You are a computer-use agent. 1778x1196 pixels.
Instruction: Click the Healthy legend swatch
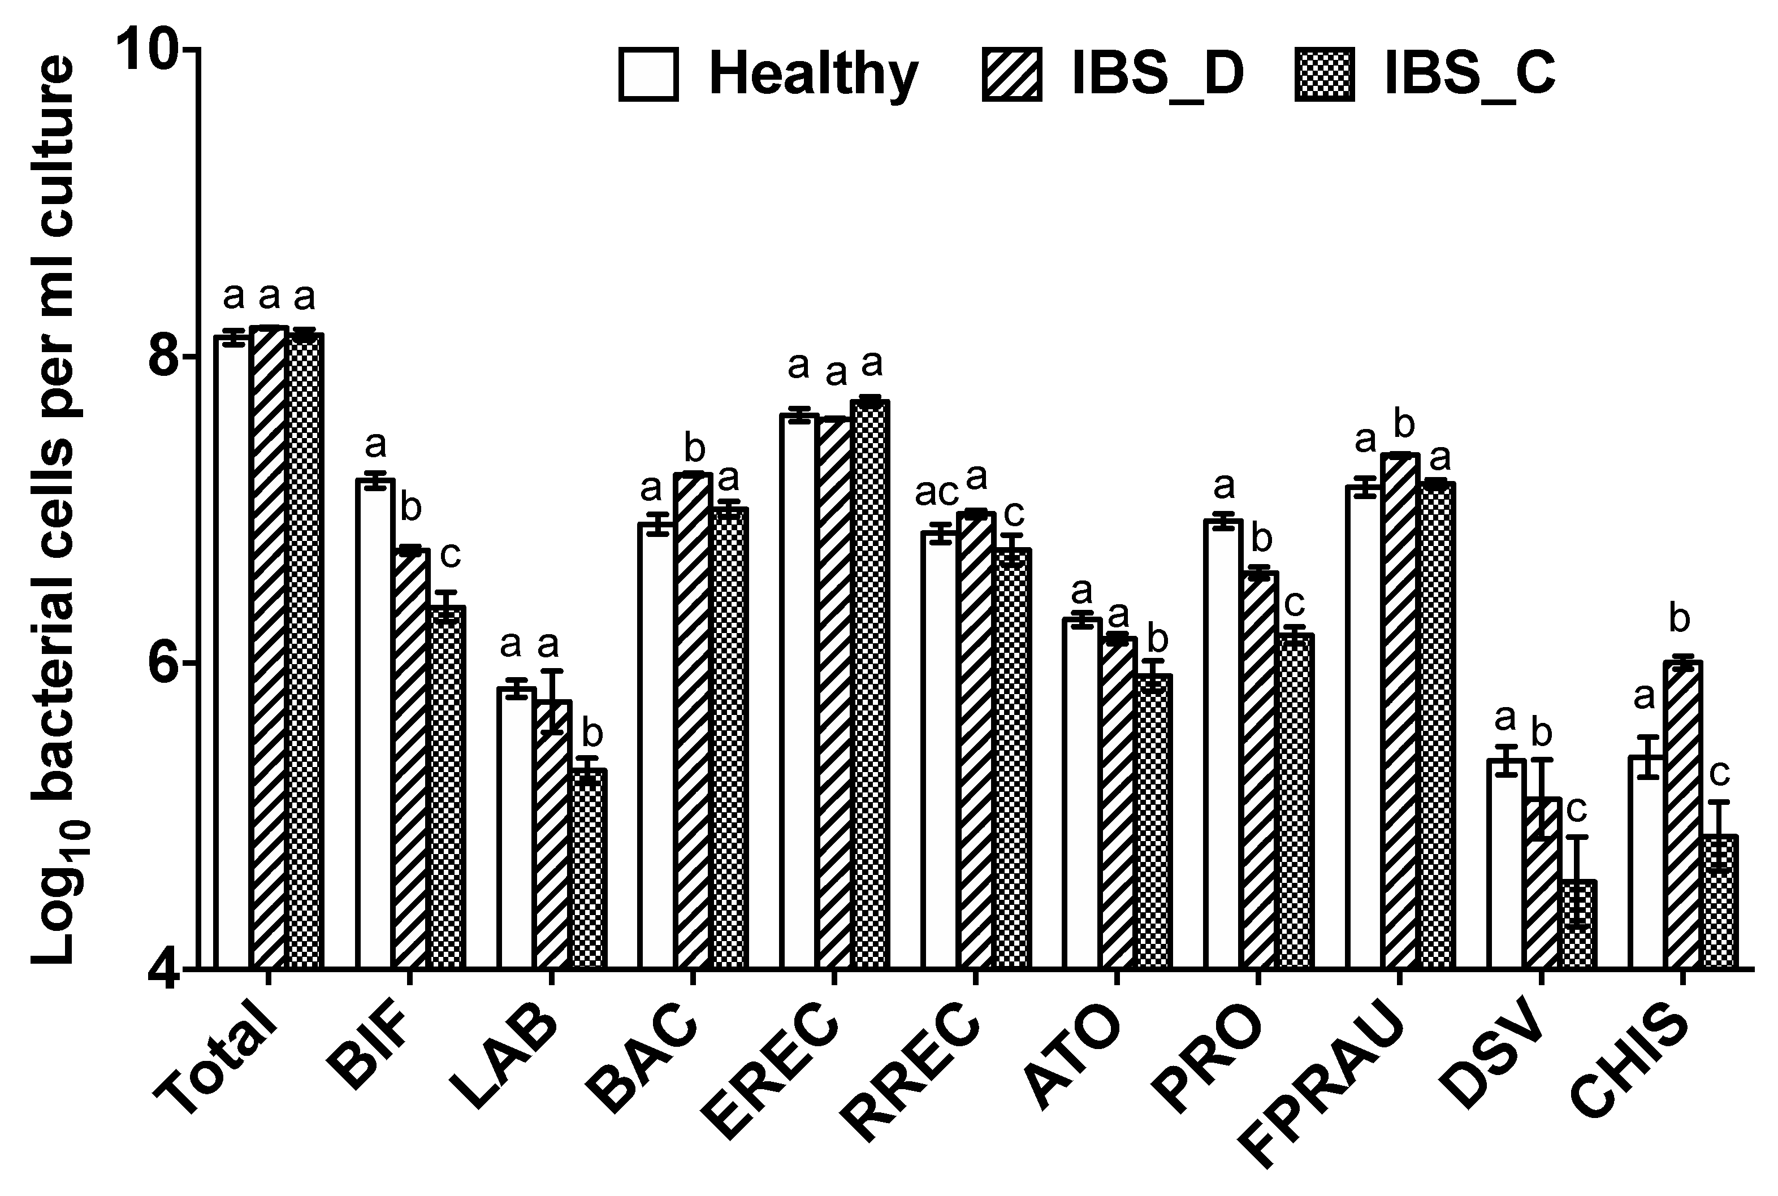pyautogui.click(x=648, y=75)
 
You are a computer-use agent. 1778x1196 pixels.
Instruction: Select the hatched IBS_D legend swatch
pyautogui.click(x=1012, y=75)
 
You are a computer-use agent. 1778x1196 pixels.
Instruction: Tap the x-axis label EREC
pyautogui.click(x=771, y=1076)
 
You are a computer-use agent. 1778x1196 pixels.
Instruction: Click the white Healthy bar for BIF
pyautogui.click(x=375, y=725)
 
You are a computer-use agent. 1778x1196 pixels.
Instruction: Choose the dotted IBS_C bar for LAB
pyautogui.click(x=589, y=869)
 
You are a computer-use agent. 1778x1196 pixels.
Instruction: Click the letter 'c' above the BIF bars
pyautogui.click(x=450, y=555)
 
